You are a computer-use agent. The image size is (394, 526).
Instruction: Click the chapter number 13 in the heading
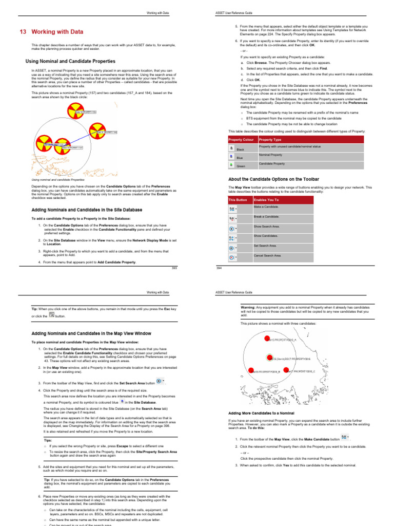23,31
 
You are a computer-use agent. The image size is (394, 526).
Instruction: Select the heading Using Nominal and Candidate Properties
70,61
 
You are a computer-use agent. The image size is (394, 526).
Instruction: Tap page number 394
218,268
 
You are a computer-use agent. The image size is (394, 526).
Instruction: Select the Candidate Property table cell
272,163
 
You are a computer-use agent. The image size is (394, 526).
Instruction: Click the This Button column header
238,199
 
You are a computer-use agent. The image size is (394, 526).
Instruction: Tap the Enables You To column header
266,199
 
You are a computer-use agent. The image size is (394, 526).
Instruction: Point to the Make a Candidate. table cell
266,206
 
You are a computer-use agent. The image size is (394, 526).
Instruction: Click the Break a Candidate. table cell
267,216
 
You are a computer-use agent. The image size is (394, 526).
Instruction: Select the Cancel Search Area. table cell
268,255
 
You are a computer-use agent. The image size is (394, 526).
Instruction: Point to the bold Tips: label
48,440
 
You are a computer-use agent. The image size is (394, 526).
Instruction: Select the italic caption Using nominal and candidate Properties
58,180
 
